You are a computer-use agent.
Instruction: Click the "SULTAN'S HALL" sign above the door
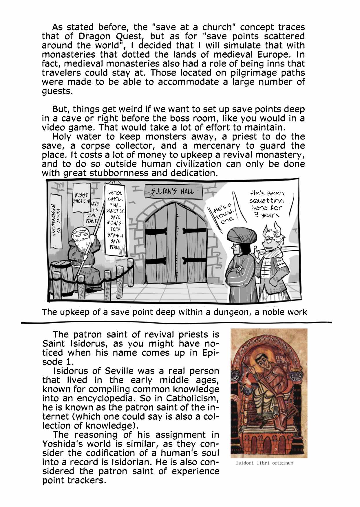pyautogui.click(x=173, y=191)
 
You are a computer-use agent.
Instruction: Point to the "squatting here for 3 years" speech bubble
pyautogui.click(x=267, y=204)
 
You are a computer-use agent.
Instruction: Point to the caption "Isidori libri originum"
pyautogui.click(x=264, y=463)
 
